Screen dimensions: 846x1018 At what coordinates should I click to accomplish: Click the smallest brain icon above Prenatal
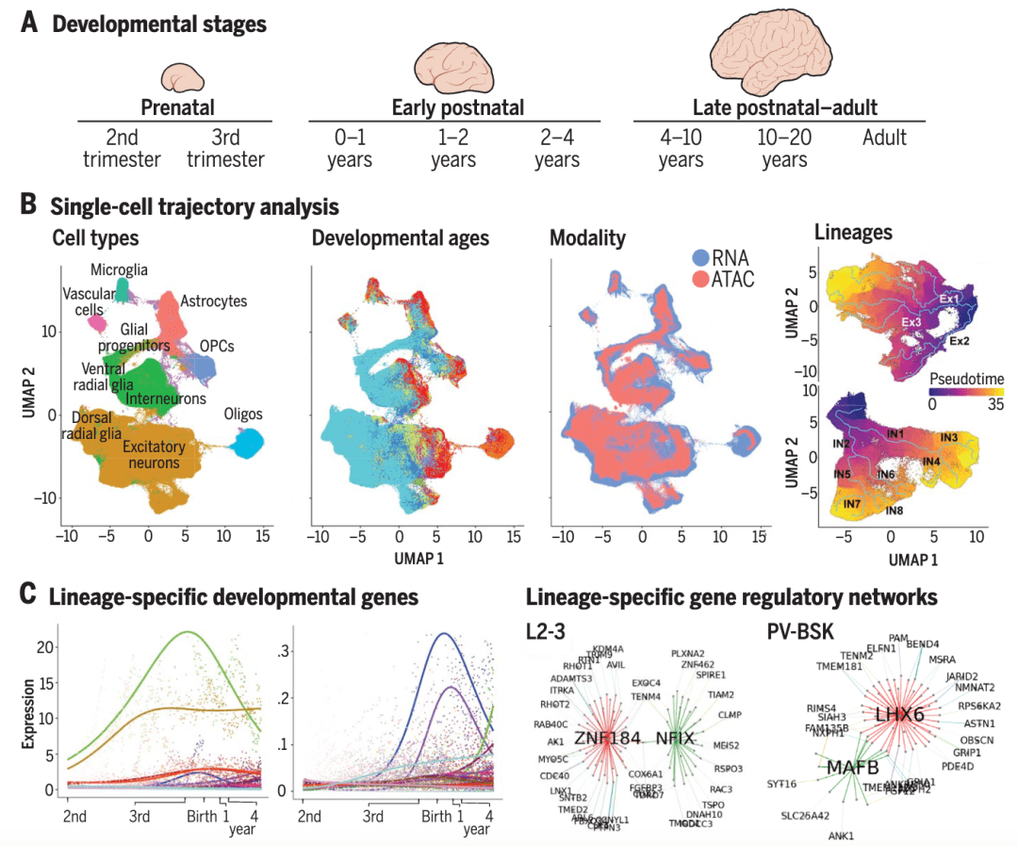click(179, 77)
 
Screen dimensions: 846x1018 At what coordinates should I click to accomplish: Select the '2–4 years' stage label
click(556, 148)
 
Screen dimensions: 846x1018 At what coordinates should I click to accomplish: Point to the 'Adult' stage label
click(883, 138)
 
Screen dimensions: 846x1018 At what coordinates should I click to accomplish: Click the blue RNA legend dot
click(699, 257)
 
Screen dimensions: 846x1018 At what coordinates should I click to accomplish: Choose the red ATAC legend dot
click(699, 280)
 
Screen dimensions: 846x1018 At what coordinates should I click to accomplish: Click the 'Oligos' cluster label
click(244, 415)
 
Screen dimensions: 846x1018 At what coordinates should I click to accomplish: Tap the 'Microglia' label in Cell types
click(119, 269)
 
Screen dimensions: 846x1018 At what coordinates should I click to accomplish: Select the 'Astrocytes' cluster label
click(215, 301)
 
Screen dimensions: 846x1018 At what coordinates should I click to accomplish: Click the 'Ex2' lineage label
click(960, 339)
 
